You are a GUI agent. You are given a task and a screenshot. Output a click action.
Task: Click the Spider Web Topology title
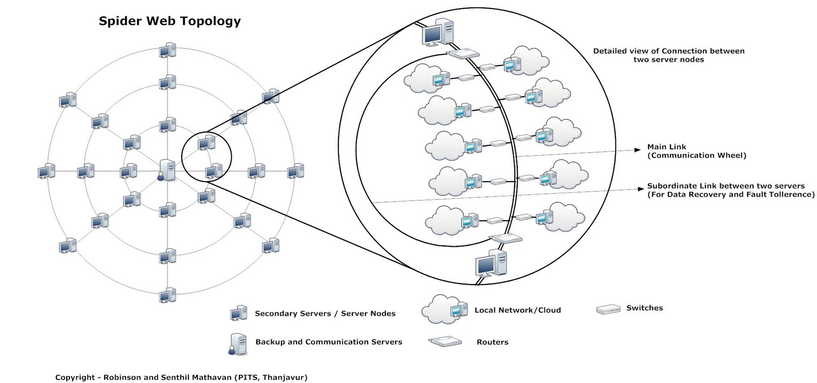(x=170, y=21)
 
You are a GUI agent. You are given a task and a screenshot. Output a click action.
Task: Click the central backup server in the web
(x=167, y=170)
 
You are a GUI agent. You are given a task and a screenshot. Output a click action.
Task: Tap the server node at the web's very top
(x=167, y=51)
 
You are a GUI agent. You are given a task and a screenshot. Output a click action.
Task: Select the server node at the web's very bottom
(x=167, y=295)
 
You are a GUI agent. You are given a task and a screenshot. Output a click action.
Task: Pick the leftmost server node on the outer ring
(x=46, y=171)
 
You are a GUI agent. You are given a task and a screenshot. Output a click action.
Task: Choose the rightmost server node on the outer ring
(x=295, y=171)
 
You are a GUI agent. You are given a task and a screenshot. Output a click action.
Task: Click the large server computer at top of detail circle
(x=438, y=32)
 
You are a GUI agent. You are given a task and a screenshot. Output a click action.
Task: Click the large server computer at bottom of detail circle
(x=491, y=263)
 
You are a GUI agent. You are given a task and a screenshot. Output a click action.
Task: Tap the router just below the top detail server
(x=464, y=54)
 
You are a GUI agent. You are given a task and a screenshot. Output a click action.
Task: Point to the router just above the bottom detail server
(x=506, y=238)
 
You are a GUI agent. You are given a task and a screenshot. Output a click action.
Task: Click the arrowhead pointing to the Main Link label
(x=637, y=149)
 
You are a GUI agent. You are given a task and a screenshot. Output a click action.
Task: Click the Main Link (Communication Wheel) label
(x=696, y=151)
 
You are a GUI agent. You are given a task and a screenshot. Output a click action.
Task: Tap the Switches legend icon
(x=608, y=309)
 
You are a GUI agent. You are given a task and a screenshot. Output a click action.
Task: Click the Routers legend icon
(x=445, y=341)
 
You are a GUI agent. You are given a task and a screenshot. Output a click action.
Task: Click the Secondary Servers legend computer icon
(x=238, y=313)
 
